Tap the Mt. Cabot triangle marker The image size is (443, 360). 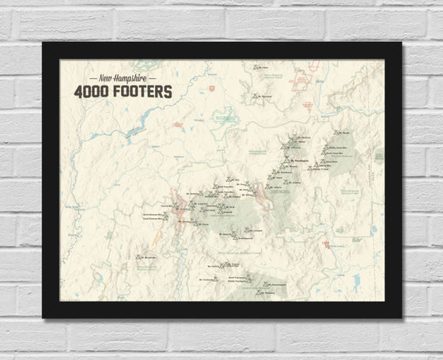click(256, 67)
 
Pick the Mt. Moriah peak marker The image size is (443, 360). click(336, 132)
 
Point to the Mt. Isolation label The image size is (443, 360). click(294, 182)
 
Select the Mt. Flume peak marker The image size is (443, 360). click(195, 224)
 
